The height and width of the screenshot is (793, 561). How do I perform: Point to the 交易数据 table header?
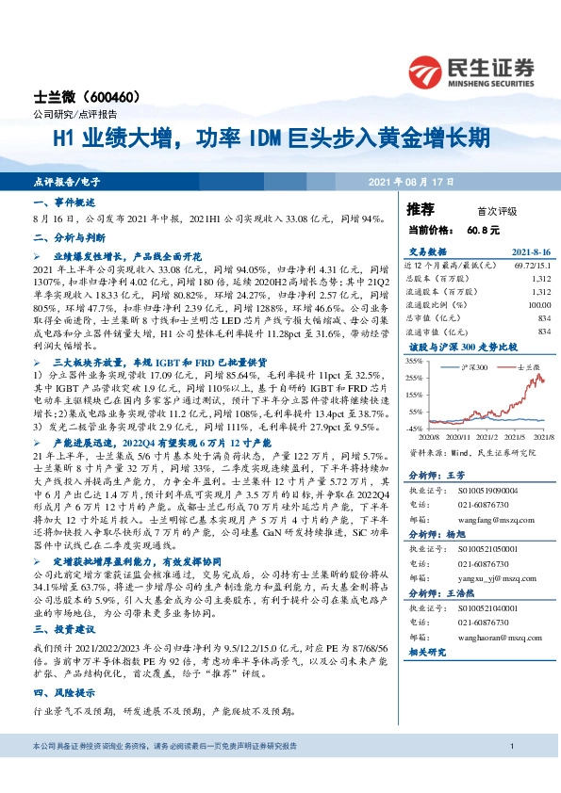click(x=429, y=252)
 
